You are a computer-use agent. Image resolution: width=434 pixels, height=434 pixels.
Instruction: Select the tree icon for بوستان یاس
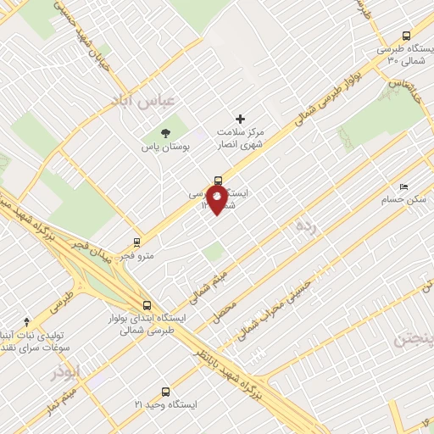(x=165, y=132)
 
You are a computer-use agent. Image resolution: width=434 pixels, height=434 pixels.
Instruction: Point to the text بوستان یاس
(x=165, y=147)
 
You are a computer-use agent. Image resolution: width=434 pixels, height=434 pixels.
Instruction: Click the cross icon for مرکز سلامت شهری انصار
(x=240, y=119)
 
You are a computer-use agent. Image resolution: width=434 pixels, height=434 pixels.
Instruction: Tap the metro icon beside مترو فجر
(x=137, y=242)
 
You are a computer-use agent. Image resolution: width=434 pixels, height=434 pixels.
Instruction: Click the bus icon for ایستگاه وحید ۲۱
(x=165, y=392)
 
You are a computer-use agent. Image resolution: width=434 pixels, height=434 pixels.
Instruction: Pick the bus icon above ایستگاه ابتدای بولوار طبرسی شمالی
(x=147, y=305)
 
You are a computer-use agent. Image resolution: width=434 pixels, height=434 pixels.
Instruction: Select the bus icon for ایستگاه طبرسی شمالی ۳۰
(x=406, y=36)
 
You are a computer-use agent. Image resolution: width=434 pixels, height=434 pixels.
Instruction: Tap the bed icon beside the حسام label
(x=403, y=186)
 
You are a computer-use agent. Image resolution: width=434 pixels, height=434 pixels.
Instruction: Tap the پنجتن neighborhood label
(x=413, y=338)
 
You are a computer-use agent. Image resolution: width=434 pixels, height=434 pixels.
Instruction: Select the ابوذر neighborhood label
(x=63, y=374)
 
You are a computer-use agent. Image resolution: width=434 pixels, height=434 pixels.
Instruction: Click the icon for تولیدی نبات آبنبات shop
(x=26, y=321)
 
